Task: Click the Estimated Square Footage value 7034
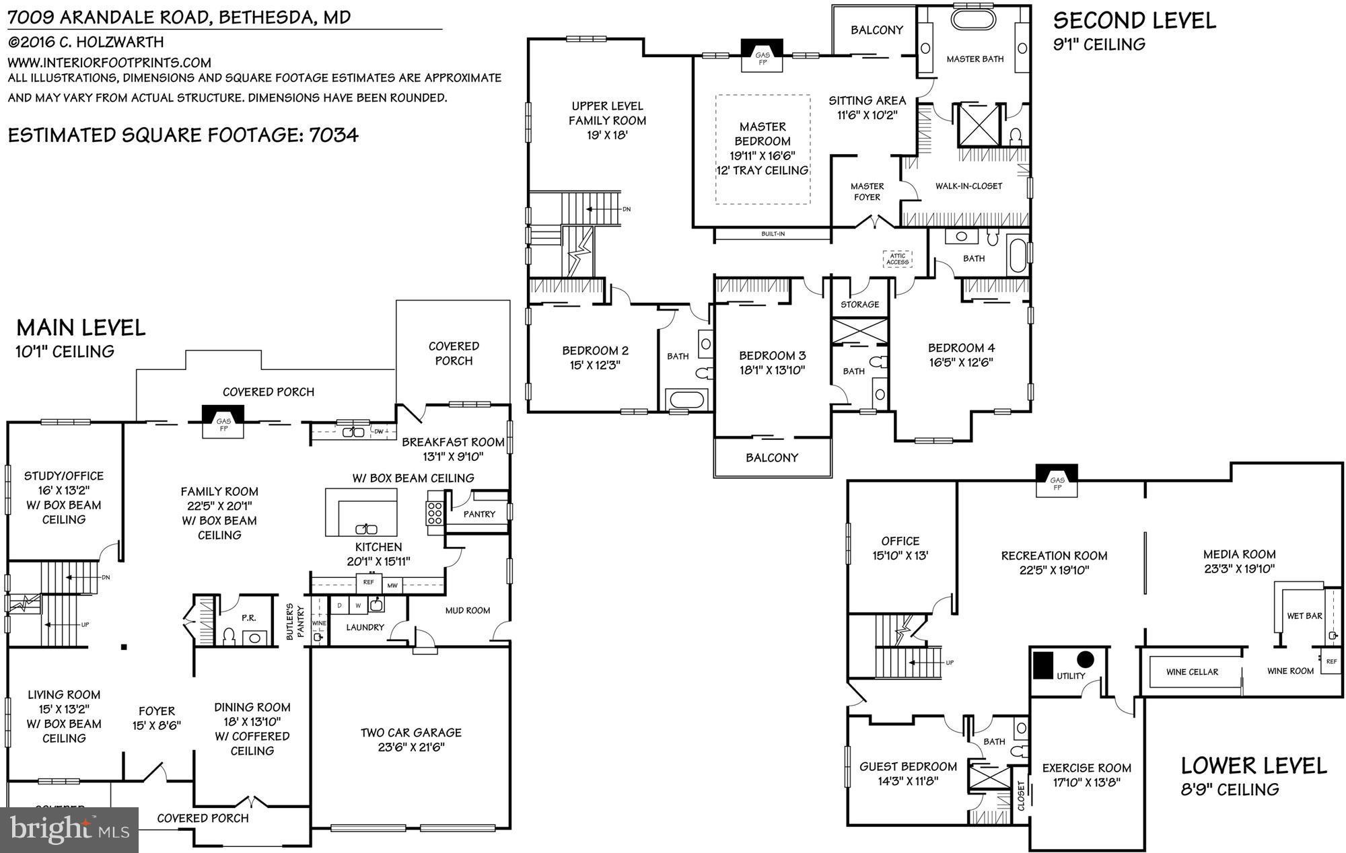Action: pos(333,135)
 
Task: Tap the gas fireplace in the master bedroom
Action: pos(763,54)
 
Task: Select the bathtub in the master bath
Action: pos(973,18)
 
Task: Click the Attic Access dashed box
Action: pos(897,259)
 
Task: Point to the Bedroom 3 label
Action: pos(772,356)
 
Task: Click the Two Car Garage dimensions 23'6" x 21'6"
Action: pos(411,747)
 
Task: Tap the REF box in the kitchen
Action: pos(368,583)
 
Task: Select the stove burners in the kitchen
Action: pos(435,513)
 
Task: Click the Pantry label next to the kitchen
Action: pos(479,514)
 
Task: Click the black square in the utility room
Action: pos(1043,664)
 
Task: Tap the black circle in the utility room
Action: pos(1085,659)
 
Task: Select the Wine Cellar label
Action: pos(1192,672)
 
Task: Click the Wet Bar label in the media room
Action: pos(1304,616)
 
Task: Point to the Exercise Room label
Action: pos(1086,768)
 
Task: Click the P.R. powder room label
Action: pos(248,618)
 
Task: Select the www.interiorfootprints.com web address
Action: pos(110,63)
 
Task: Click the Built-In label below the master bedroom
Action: pos(773,234)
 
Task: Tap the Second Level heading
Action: pos(1134,21)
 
